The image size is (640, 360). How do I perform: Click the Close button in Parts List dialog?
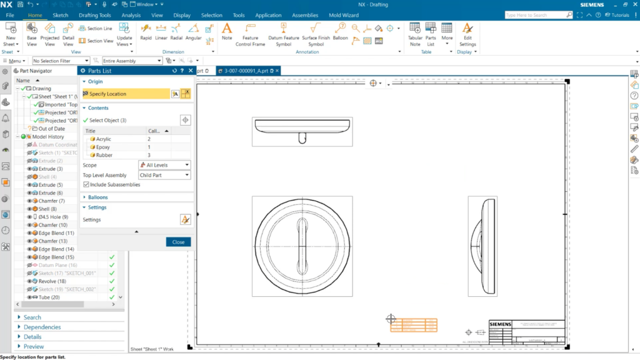pyautogui.click(x=178, y=242)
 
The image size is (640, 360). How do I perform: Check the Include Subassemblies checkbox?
pyautogui.click(x=86, y=184)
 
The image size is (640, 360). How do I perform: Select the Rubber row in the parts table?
pyautogui.click(x=105, y=154)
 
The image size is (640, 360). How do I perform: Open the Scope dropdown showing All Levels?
pyautogui.click(x=164, y=165)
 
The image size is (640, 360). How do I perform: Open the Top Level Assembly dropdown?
pyautogui.click(x=164, y=175)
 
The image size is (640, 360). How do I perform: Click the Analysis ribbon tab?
pyautogui.click(x=131, y=15)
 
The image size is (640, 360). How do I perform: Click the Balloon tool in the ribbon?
pyautogui.click(x=340, y=32)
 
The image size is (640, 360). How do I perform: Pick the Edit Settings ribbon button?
pyautogui.click(x=467, y=34)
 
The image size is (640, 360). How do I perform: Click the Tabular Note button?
pyautogui.click(x=415, y=34)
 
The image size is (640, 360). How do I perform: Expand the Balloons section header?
pyautogui.click(x=97, y=197)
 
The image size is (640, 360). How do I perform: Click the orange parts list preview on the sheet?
pyautogui.click(x=414, y=325)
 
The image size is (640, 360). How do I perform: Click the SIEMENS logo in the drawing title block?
pyautogui.click(x=500, y=324)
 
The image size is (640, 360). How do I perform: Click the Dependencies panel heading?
pyautogui.click(x=42, y=327)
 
